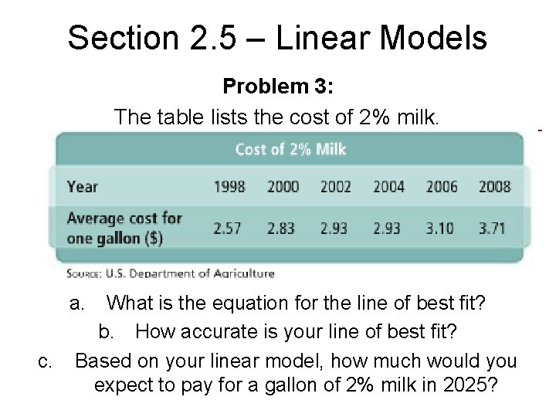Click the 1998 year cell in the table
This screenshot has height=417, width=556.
tap(229, 187)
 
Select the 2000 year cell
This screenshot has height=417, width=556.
tap(282, 187)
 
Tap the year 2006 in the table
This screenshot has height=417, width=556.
tap(441, 187)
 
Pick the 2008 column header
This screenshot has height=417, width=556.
tap(494, 187)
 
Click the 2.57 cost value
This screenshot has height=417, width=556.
tap(229, 229)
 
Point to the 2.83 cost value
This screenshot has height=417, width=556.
tap(282, 229)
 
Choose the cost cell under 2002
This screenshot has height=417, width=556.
tap(335, 229)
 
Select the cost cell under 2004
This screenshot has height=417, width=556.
tap(388, 229)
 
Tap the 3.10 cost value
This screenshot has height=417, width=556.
tap(441, 229)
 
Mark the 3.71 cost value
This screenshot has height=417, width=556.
tap(494, 229)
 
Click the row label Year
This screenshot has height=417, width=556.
tap(83, 187)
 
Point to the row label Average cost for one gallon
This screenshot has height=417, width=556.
tap(124, 228)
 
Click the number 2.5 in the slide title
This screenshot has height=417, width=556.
tap(186, 38)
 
